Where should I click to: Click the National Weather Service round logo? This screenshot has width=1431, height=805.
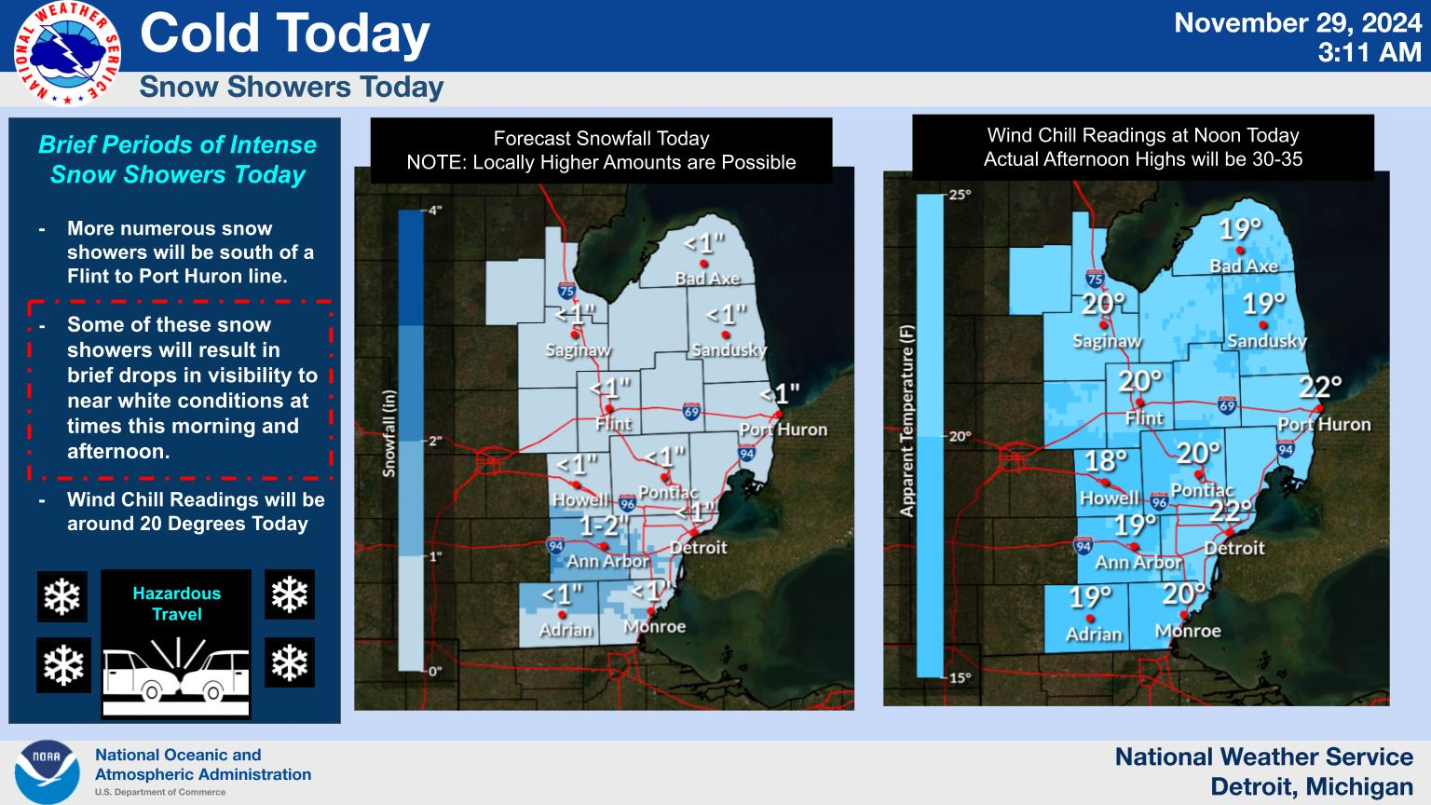coord(67,53)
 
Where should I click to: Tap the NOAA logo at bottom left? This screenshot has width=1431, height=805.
coord(47,771)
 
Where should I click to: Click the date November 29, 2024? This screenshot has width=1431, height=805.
coord(1298,23)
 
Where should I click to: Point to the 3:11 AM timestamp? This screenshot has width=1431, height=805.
coord(1370,53)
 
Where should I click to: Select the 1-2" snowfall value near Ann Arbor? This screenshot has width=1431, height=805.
coord(605,525)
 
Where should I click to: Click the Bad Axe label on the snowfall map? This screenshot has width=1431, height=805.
coord(707,279)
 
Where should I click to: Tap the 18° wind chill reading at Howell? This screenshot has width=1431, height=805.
coord(1106,460)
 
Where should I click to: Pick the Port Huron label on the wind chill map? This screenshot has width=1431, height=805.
coord(1324,425)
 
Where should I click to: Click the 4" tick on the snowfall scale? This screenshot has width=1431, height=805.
coord(435,211)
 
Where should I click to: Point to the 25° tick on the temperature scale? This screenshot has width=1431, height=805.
coord(960,194)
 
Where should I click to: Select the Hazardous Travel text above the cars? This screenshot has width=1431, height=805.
coord(176,604)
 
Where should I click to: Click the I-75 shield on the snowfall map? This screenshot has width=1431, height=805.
coord(566,291)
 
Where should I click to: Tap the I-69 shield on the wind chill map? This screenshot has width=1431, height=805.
coord(1227,405)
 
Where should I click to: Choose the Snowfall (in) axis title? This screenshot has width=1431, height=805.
coord(389,434)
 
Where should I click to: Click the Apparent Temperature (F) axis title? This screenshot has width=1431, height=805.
coord(907,421)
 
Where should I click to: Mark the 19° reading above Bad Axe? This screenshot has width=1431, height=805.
coord(1241,228)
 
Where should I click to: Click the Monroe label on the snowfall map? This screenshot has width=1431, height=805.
coord(654,627)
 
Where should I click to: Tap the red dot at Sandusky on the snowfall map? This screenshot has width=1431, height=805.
coord(725,334)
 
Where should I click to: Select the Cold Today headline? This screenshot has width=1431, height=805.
coord(285,34)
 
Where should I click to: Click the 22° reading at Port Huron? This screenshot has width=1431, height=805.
coord(1320,388)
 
